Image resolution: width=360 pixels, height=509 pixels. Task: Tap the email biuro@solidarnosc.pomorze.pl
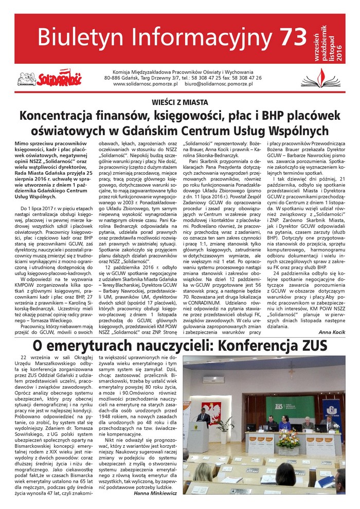222,83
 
